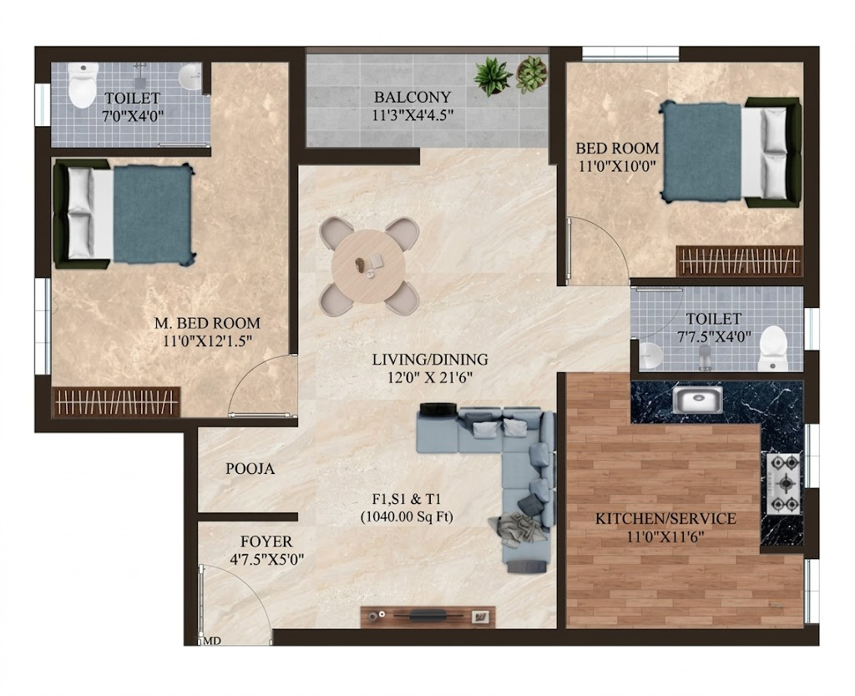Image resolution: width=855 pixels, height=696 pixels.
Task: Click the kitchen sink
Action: [x=697, y=400]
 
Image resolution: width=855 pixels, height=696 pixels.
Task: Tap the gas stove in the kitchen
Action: [x=785, y=483]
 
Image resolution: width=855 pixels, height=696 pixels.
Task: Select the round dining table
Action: [x=368, y=266]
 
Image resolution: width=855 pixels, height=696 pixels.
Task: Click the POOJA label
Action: [x=250, y=469]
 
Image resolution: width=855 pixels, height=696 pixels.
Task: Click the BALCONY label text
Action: [x=412, y=97]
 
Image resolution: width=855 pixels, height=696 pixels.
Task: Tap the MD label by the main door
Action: [x=213, y=641]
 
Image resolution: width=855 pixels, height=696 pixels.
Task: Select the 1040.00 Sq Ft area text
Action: [x=407, y=517]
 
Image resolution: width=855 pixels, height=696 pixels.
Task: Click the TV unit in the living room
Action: [x=428, y=617]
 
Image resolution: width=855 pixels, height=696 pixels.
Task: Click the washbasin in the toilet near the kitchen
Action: [x=651, y=356]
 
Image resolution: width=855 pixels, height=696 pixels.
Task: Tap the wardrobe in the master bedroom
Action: [x=116, y=401]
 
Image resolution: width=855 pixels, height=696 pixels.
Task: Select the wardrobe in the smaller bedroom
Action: [x=740, y=261]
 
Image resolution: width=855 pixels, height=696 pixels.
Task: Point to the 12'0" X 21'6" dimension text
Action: [x=430, y=377]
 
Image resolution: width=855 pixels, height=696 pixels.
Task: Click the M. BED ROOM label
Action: [x=207, y=323]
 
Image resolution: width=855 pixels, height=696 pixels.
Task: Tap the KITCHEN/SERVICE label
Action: [x=665, y=518]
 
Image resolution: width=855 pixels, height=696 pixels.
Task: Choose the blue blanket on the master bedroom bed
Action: [x=154, y=213]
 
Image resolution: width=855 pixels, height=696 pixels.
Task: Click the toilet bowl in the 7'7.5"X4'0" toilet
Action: [x=773, y=347]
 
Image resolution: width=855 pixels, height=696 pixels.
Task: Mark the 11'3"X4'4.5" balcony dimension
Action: [x=412, y=115]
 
